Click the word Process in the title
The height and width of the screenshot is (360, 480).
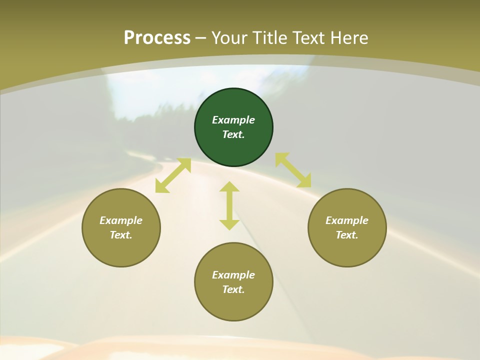(157, 38)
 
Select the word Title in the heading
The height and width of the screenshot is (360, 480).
(273, 38)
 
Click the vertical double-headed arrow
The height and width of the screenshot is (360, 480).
(229, 205)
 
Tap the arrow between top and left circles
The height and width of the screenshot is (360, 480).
(173, 175)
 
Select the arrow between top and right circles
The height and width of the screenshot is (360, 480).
(293, 170)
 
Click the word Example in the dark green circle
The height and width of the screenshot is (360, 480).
(233, 120)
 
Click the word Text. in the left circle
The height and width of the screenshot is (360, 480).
(121, 235)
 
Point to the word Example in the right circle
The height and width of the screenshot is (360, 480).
(347, 220)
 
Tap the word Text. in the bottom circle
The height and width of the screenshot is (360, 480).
(233, 289)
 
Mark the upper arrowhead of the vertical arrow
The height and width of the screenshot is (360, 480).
(229, 187)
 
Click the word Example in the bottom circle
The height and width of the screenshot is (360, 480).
(233, 275)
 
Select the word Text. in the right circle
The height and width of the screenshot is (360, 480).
(347, 235)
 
